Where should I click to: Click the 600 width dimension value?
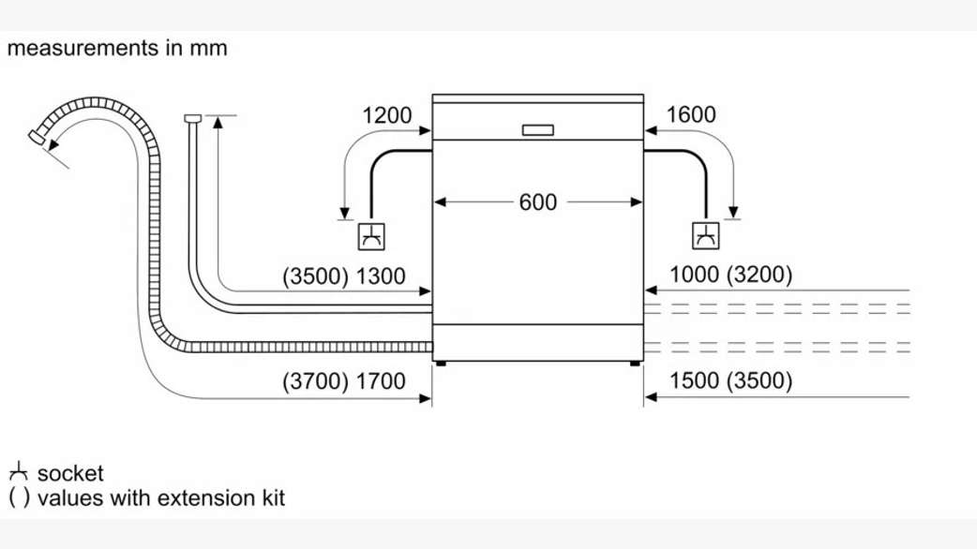[x=537, y=201]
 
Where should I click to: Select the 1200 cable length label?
[x=386, y=115]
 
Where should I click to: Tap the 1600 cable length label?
[x=690, y=115]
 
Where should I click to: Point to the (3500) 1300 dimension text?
[x=344, y=275]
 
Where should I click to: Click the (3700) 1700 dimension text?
[x=344, y=381]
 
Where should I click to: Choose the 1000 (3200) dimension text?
[x=731, y=275]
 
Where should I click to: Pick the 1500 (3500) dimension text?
[x=731, y=381]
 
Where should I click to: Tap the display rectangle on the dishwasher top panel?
[x=537, y=129]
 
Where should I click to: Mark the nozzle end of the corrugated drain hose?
[x=38, y=138]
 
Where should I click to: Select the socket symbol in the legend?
[x=19, y=473]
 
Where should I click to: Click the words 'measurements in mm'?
[x=117, y=47]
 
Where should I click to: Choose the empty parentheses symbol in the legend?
[x=19, y=497]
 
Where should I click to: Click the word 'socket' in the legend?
[x=70, y=474]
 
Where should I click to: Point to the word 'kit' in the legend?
[x=270, y=497]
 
